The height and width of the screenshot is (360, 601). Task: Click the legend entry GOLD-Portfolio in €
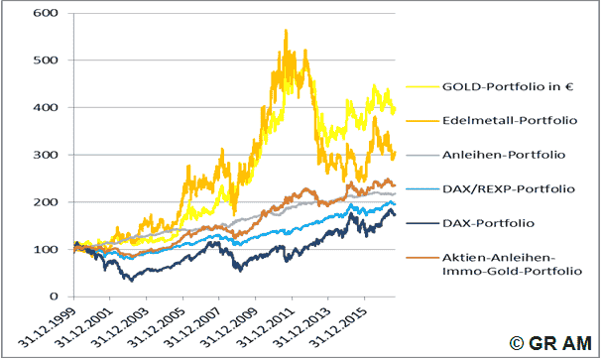508,86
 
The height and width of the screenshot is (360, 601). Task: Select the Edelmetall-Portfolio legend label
510,120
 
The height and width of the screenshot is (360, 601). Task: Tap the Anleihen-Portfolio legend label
504,155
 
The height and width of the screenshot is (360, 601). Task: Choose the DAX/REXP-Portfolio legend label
509,188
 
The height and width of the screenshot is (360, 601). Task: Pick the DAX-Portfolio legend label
488,223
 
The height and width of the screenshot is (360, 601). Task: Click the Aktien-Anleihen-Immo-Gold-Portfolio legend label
512,264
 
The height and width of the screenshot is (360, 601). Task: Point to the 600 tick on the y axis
46,13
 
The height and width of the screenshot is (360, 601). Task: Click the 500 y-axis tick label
46,60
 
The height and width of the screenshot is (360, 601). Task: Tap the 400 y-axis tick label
46,107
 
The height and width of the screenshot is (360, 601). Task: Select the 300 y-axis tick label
46,155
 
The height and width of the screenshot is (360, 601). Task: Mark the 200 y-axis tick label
46,202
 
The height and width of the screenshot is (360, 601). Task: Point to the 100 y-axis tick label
46,249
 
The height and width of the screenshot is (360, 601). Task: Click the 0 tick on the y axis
54,297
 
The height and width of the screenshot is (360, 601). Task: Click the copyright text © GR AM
550,343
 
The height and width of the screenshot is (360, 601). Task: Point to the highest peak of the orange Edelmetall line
286,30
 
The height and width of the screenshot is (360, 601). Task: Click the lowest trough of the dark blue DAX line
132,281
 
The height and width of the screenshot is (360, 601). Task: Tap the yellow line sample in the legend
422,87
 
